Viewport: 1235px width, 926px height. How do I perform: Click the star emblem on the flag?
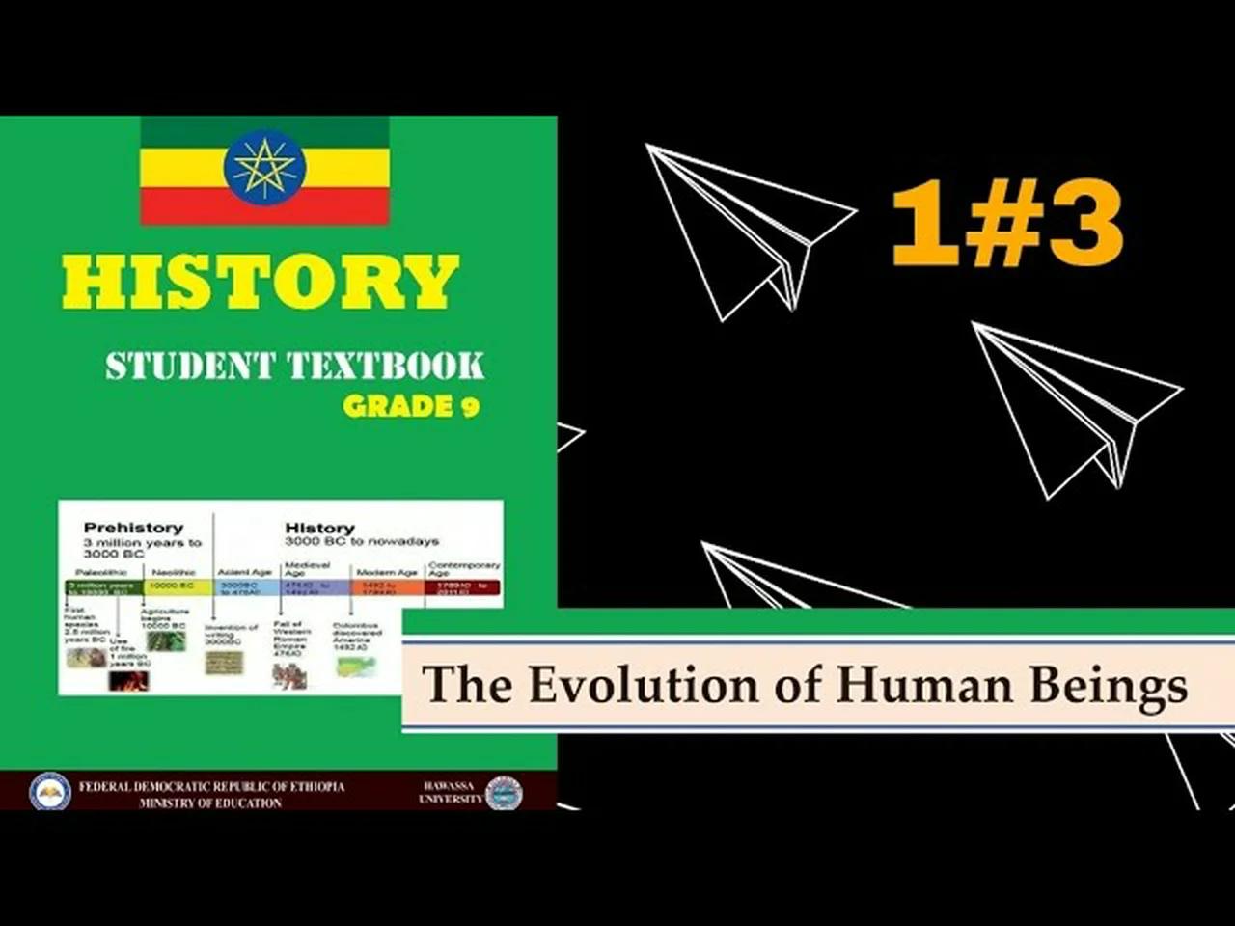click(x=264, y=168)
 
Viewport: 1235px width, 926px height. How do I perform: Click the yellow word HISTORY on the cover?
click(x=261, y=282)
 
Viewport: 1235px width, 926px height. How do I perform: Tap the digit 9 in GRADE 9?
click(x=469, y=406)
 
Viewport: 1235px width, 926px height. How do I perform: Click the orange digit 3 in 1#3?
click(x=1086, y=226)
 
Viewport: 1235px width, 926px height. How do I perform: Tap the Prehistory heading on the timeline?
click(x=133, y=528)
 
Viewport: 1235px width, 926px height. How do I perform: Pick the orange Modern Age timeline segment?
click(x=388, y=586)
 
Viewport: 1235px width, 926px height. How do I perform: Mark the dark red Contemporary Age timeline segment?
click(x=463, y=586)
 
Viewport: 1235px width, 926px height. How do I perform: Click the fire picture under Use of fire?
click(x=128, y=680)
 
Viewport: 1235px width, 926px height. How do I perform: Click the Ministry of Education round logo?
click(x=49, y=792)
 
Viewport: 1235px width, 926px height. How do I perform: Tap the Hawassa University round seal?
click(x=503, y=793)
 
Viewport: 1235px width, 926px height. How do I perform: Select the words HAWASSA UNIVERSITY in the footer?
click(x=450, y=792)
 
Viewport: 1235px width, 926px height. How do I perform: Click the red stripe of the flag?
click(x=264, y=206)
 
